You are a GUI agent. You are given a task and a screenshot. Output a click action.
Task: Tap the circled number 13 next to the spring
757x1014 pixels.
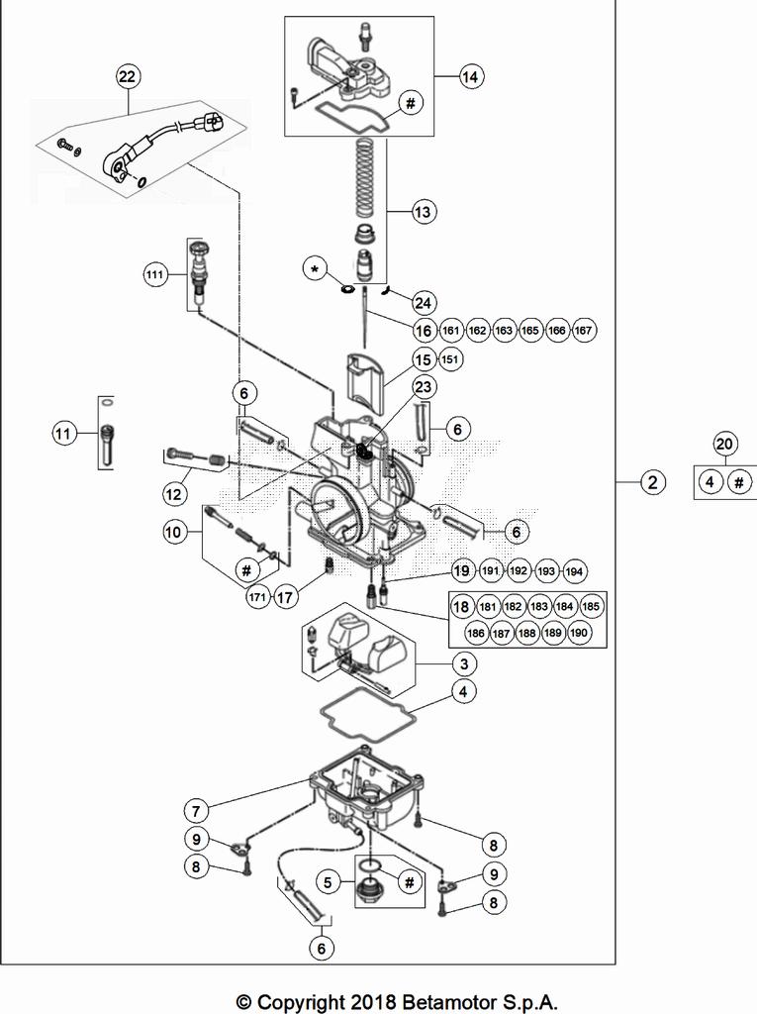pyautogui.click(x=423, y=212)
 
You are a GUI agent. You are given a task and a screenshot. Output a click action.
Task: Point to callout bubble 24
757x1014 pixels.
pyautogui.click(x=424, y=302)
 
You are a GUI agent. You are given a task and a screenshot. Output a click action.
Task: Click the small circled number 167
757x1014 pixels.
pyautogui.click(x=584, y=330)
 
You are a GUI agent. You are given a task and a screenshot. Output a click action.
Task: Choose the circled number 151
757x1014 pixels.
pyautogui.click(x=450, y=359)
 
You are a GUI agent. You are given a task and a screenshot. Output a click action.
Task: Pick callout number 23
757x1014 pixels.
pyautogui.click(x=424, y=387)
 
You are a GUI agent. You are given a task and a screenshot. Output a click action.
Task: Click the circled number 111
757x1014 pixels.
pyautogui.click(x=153, y=276)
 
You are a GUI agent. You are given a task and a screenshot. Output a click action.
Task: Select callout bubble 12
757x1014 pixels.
pyautogui.click(x=176, y=490)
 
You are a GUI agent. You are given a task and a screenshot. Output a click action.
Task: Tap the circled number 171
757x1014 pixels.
pyautogui.click(x=257, y=597)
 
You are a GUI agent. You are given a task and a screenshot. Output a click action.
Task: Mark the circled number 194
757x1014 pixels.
pyautogui.click(x=574, y=571)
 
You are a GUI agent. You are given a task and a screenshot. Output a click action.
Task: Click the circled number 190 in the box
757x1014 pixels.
pyautogui.click(x=580, y=633)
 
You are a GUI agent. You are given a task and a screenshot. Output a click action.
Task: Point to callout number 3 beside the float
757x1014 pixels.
pyautogui.click(x=462, y=662)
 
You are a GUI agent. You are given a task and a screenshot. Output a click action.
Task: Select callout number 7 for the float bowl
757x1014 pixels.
pyautogui.click(x=196, y=811)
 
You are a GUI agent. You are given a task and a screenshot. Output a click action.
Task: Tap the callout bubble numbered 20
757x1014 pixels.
pyautogui.click(x=724, y=445)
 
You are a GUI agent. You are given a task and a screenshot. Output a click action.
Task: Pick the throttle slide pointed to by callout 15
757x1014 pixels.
pyautogui.click(x=368, y=383)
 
